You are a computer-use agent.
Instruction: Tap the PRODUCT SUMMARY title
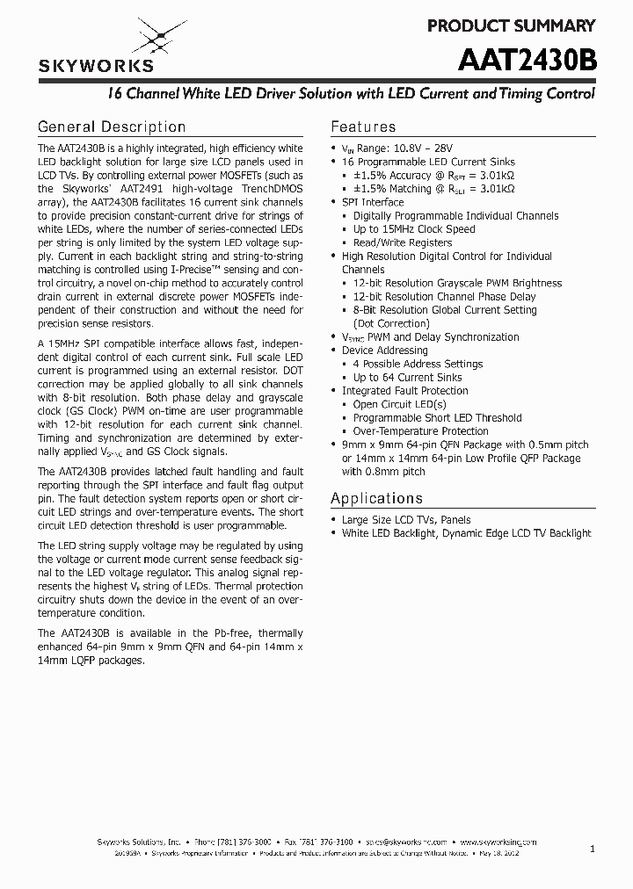[511, 25]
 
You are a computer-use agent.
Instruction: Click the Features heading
[363, 126]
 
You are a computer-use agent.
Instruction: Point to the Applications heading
[376, 498]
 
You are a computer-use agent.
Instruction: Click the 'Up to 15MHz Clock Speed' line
[414, 229]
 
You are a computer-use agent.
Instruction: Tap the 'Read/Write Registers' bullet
[403, 242]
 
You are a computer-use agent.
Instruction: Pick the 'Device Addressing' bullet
[384, 351]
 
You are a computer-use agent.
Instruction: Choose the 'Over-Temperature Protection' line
[420, 431]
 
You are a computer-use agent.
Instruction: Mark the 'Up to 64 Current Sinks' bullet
[407, 378]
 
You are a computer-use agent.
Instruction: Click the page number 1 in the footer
[593, 849]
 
